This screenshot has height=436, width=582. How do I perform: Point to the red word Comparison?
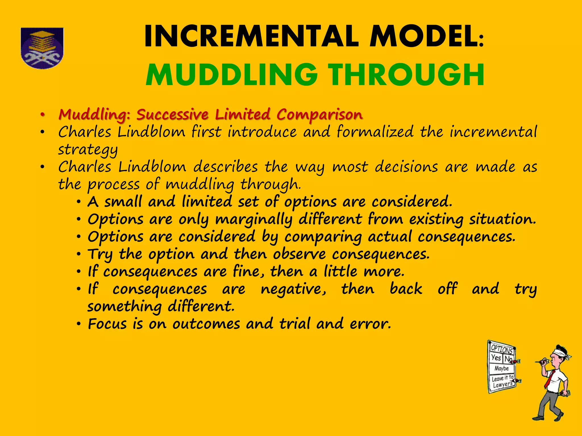pyautogui.click(x=319, y=115)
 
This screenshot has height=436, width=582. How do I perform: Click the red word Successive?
pyautogui.click(x=172, y=115)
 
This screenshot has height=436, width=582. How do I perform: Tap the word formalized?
pyautogui.click(x=375, y=132)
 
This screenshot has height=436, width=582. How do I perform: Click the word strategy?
pyautogui.click(x=88, y=150)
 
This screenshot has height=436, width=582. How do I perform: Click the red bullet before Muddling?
pyautogui.click(x=42, y=115)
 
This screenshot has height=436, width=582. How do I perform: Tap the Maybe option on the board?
pyautogui.click(x=502, y=368)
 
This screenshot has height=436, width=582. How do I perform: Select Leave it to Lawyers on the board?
pyautogui.click(x=502, y=381)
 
